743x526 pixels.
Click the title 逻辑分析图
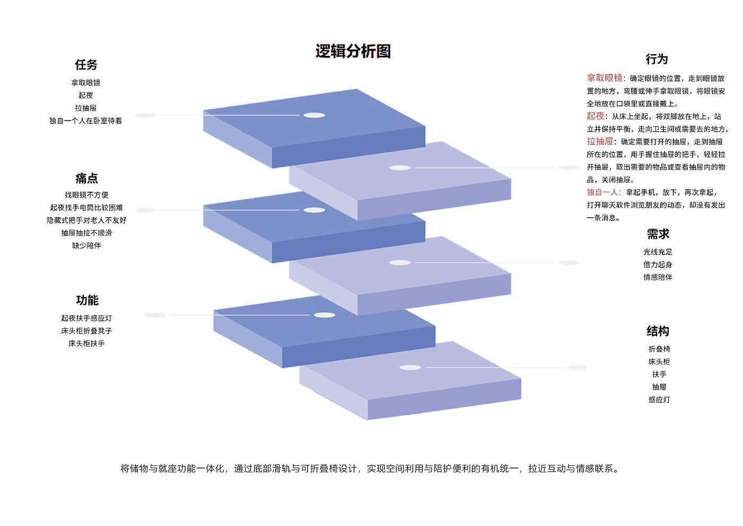[353, 51]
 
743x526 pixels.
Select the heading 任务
[86, 65]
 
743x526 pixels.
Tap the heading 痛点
[87, 178]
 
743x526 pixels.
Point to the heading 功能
[87, 300]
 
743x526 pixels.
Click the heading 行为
[656, 59]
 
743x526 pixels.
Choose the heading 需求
[658, 234]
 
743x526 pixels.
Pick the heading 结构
[658, 331]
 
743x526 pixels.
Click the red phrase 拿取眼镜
[604, 78]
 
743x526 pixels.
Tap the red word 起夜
[595, 116]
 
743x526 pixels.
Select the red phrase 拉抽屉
[600, 141]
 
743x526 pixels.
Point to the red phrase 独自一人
[602, 192]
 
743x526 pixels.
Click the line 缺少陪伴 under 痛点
[87, 245]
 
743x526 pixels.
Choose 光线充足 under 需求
[658, 252]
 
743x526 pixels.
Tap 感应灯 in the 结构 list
[659, 400]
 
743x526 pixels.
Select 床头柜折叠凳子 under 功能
[87, 331]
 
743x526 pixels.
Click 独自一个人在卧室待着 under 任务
[85, 121]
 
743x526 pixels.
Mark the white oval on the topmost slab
[314, 115]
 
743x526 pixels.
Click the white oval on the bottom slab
[410, 368]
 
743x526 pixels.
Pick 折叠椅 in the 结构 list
[659, 349]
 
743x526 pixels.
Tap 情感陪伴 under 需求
[658, 277]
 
